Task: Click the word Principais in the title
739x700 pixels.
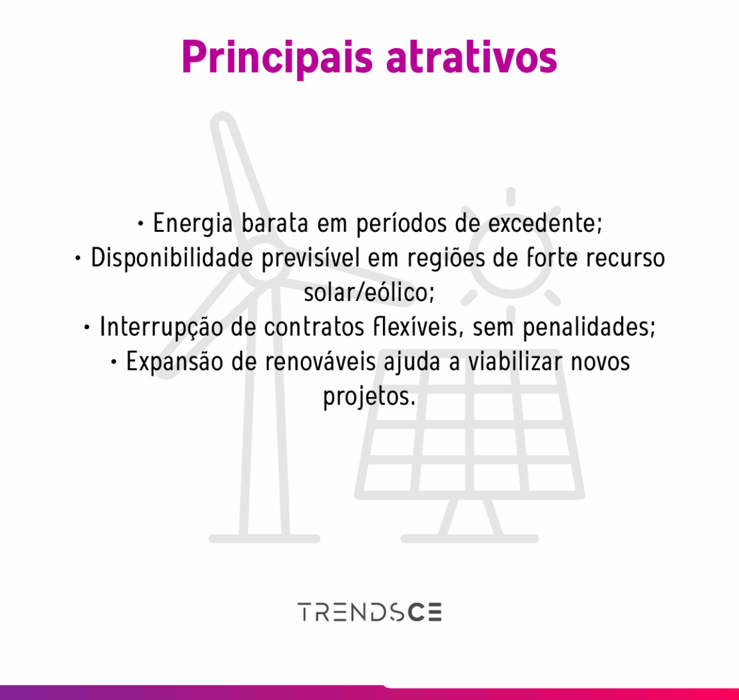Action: (277, 58)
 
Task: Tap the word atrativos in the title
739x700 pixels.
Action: (471, 57)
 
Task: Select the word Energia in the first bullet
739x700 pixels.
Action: (193, 224)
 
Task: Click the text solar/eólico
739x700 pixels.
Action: (369, 292)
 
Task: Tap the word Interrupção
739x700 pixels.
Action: (161, 327)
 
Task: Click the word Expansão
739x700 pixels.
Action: (174, 362)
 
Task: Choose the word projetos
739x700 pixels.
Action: (369, 396)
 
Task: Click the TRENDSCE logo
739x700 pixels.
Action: (369, 612)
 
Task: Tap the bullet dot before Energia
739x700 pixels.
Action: (140, 224)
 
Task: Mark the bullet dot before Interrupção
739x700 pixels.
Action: (87, 328)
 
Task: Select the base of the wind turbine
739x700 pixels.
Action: (264, 538)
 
